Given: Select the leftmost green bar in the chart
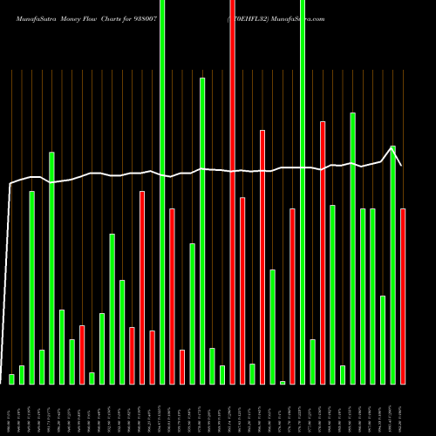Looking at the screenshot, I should [x=11, y=378].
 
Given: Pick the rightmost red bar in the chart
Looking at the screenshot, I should [x=403, y=296].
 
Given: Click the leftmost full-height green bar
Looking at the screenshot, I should [x=162, y=192].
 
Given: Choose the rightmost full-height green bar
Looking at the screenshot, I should [x=303, y=192].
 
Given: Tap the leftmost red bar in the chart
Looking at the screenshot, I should [x=82, y=354].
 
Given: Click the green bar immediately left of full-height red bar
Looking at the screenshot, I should [x=222, y=374].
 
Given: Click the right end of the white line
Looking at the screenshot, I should [x=401, y=165].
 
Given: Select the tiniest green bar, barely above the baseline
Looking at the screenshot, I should [x=283, y=382].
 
